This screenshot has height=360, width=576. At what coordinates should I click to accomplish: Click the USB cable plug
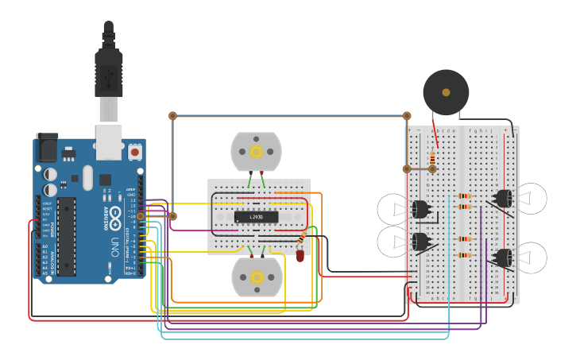coord(109,72)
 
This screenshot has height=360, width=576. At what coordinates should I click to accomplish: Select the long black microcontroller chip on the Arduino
coord(67,237)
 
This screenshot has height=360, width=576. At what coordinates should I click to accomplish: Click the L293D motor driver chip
coord(257,217)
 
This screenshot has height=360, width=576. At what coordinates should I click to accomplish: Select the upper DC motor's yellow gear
coord(256,151)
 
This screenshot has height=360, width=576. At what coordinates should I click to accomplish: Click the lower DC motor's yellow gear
coord(257,277)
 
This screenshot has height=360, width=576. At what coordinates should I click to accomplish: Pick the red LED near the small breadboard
coord(300,255)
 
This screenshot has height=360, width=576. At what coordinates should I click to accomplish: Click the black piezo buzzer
coord(446,93)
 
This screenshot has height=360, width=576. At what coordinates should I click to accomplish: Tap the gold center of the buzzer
coord(446,93)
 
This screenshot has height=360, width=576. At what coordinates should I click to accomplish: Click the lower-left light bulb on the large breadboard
coord(395,241)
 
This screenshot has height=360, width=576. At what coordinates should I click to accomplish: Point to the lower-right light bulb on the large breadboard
coord(530,257)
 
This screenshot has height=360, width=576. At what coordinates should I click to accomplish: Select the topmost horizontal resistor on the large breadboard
coord(465,196)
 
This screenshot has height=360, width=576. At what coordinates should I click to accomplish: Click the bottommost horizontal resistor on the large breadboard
coord(465,255)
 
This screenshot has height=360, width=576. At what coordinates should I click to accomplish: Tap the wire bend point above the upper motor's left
coord(172,116)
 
